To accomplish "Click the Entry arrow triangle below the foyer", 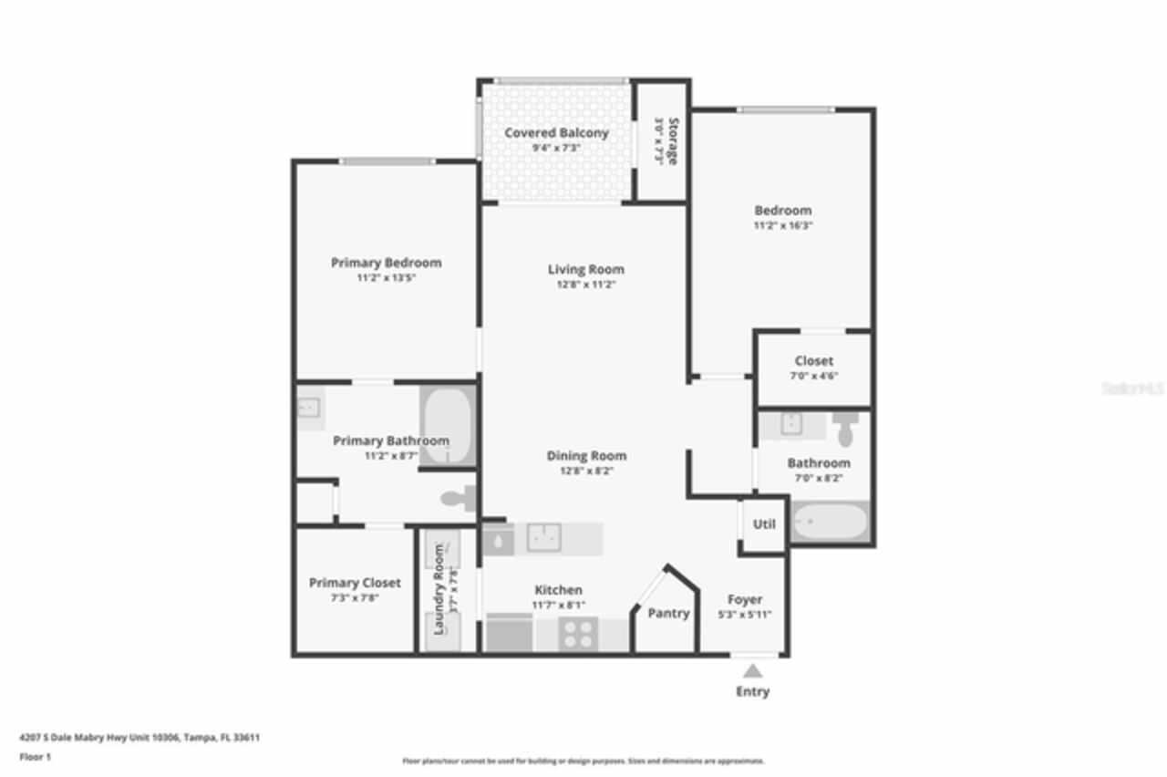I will coord(752,670).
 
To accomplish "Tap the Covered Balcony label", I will coord(556,133).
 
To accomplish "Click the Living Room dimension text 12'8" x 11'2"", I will coord(585,285).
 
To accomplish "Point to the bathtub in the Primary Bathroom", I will coord(447,426).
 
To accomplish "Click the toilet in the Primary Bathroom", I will coord(459,498).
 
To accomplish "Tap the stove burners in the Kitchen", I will coord(577,633).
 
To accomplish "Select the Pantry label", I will coord(668,614).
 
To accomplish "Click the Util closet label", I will coord(764,524).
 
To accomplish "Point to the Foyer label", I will coord(745,599).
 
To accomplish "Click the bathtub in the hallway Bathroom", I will coord(830,523).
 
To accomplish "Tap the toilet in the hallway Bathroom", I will coord(845,428).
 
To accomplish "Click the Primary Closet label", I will coord(355,583).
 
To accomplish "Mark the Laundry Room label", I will coord(439,589).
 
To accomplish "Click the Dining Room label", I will coord(586,456).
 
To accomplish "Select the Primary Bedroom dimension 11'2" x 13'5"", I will coord(386,278).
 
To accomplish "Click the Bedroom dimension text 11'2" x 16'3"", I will coord(782,225).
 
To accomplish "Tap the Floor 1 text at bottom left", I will coord(36,757).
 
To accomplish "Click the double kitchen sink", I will coord(544,538).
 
